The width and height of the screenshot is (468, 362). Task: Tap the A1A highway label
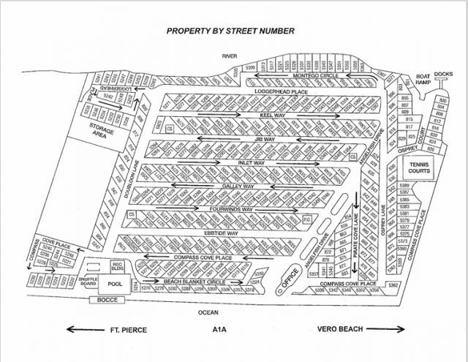pyautogui.click(x=240, y=330)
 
